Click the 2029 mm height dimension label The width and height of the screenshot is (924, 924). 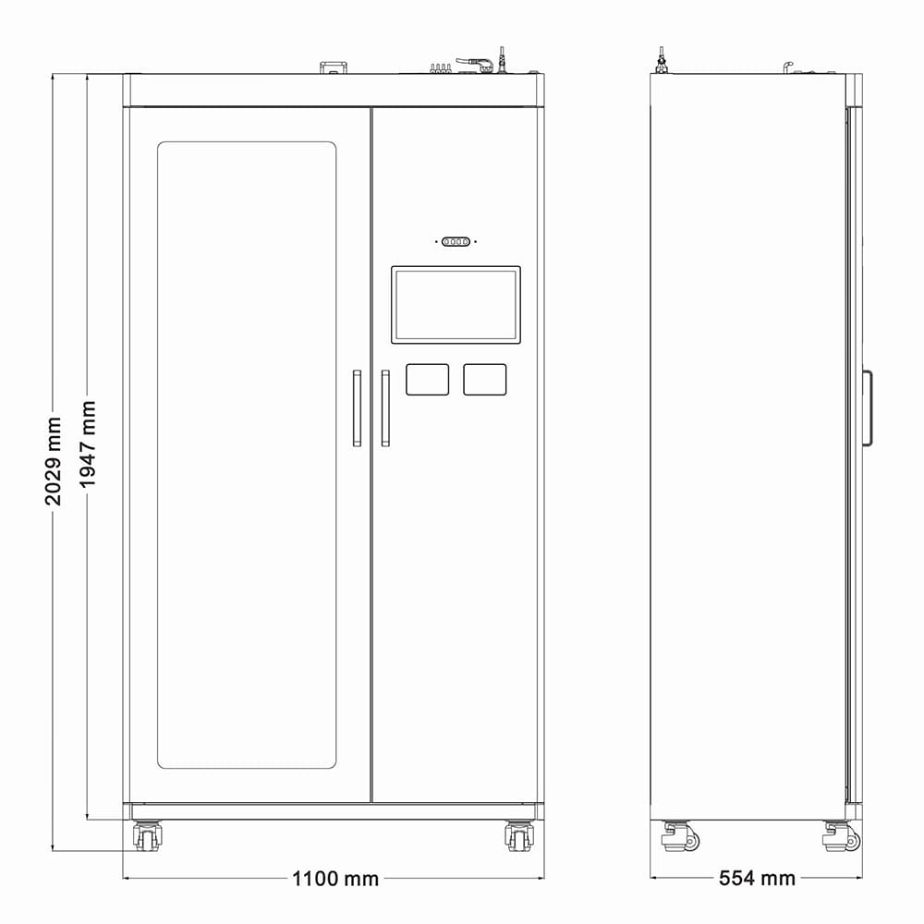[x=53, y=461]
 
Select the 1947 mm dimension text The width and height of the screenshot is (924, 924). [x=88, y=445]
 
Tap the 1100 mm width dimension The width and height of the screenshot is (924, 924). [x=335, y=879]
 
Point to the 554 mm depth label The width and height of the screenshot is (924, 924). [x=757, y=878]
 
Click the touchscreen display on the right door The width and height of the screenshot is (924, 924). [x=456, y=305]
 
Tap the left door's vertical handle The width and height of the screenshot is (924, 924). [x=357, y=408]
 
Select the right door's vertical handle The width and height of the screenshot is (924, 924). [x=385, y=408]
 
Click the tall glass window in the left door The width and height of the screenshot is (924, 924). [x=247, y=455]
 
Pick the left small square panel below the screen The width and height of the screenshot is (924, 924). [x=427, y=380]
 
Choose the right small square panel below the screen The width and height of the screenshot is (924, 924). [x=484, y=380]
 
